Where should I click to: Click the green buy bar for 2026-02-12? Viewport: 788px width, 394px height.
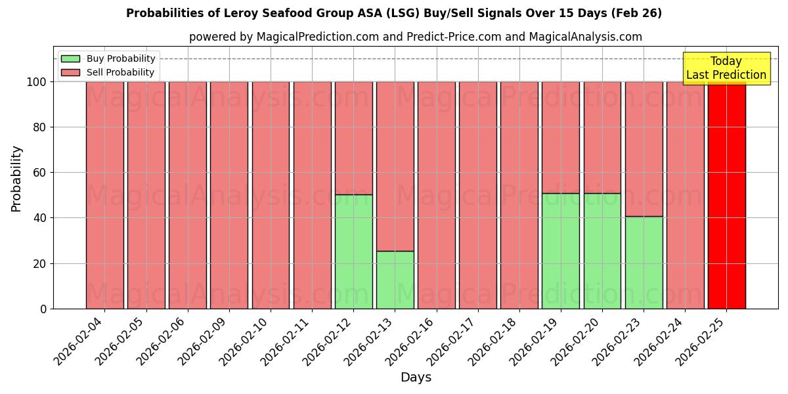coord(353,252)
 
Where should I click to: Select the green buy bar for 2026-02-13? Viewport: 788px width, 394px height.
coord(395,280)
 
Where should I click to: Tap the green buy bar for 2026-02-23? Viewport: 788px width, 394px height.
coord(644,263)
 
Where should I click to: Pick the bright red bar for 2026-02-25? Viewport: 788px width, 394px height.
coord(726,195)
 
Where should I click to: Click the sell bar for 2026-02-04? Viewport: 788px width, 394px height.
coord(104,195)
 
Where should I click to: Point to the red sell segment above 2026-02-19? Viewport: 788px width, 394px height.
coord(561,137)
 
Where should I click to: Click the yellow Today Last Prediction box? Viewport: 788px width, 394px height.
coord(726,68)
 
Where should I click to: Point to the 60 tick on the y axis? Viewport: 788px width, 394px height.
coord(41,173)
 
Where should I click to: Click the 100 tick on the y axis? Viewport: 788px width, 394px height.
coord(37,82)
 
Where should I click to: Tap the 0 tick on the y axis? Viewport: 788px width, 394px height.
coord(44,309)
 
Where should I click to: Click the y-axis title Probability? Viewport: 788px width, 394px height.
coord(17,179)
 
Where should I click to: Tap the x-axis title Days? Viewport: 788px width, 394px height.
coord(416,378)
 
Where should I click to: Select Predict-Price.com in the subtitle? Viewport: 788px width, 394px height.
coord(453,37)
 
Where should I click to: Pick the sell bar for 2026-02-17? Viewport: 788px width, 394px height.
coord(478,195)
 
